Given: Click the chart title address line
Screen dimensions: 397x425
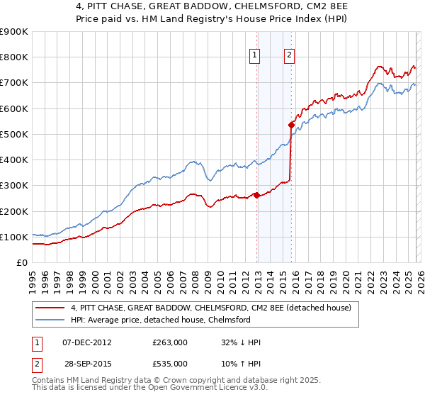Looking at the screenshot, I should tap(212, 6).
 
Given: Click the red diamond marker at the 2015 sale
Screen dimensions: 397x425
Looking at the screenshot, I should tap(291, 125).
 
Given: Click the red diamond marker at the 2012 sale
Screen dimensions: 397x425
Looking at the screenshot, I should tap(256, 195).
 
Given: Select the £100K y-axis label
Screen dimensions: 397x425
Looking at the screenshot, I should tap(14, 237).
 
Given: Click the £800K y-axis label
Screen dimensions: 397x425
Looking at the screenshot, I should tap(14, 57).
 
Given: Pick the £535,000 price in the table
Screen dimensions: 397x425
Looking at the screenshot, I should tap(170, 363).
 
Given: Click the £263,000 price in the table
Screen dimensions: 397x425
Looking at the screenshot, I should tap(170, 342).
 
